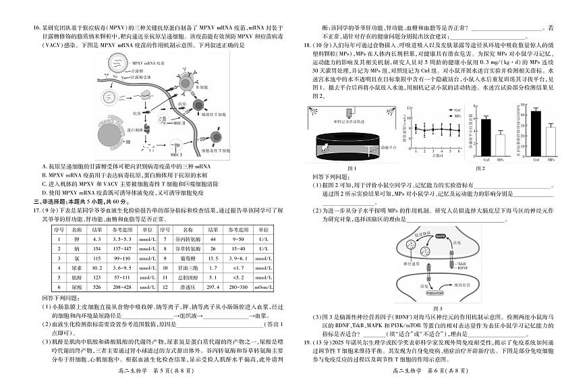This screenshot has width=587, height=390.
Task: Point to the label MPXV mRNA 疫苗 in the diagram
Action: pyautogui.click(x=144, y=61)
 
